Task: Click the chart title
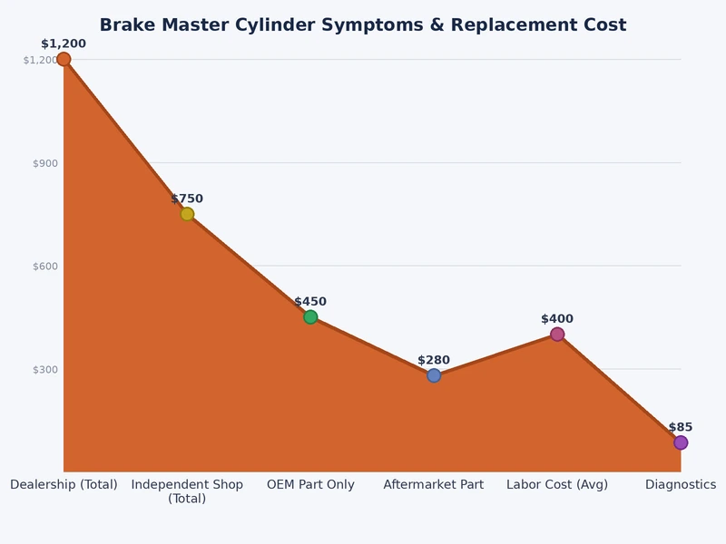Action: coord(363,25)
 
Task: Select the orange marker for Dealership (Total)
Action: coord(64,60)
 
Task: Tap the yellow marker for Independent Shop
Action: coord(187,214)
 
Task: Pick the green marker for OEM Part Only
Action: coord(310,317)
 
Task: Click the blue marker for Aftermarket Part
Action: coord(434,375)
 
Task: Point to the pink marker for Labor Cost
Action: coord(557,335)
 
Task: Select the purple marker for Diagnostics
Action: coord(681,442)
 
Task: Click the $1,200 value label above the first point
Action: coord(64,44)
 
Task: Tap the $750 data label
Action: coord(187,199)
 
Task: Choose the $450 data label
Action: coord(310,302)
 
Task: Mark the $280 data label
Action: coord(434,360)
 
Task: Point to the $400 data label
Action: coord(557,319)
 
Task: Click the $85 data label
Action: coord(681,427)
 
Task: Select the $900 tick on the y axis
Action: coord(44,163)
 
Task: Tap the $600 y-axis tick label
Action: coord(44,267)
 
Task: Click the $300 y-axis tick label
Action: coord(44,370)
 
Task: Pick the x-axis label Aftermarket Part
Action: coord(434,485)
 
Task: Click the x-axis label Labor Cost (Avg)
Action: coord(557,485)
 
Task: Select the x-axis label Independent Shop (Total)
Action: coord(187,491)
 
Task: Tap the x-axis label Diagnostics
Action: coord(681,485)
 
